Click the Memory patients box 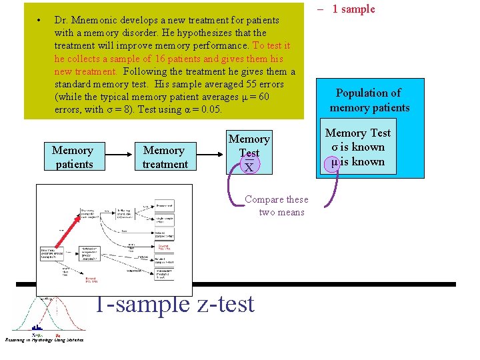click(x=73, y=157)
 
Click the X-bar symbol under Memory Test click(x=249, y=167)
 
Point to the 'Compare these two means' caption click(x=276, y=206)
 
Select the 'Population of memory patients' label click(x=369, y=100)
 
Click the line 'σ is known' click(x=359, y=147)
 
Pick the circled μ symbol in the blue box click(x=335, y=162)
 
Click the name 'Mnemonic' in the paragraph click(x=94, y=21)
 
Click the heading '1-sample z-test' click(x=174, y=304)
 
